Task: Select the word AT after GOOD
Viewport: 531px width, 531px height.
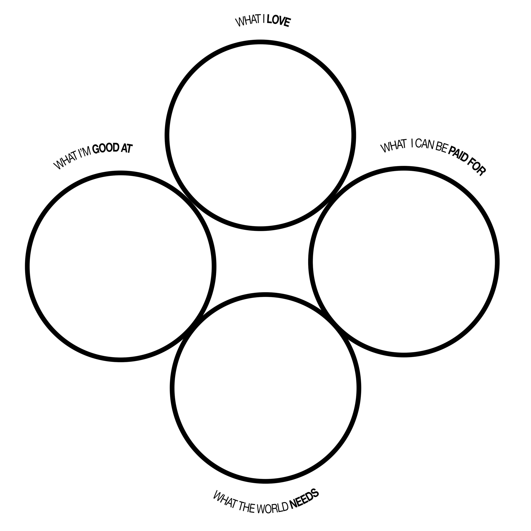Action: tap(126, 148)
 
